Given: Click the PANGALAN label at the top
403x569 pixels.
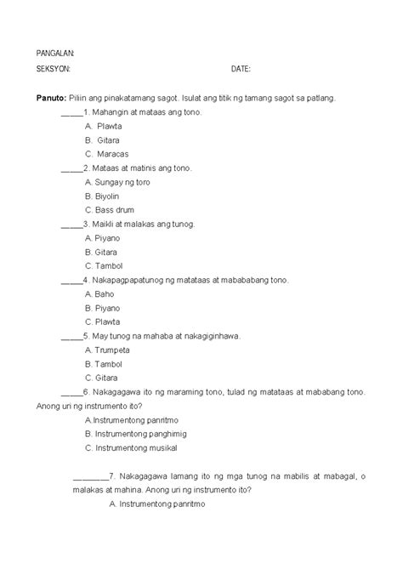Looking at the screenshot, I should point(54,53).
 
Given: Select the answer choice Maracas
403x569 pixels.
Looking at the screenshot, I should point(114,154).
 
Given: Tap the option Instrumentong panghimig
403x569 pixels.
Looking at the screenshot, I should point(135,434).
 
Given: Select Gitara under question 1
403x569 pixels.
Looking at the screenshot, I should point(108,139).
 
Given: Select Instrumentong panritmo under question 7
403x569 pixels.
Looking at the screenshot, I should point(158,504).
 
